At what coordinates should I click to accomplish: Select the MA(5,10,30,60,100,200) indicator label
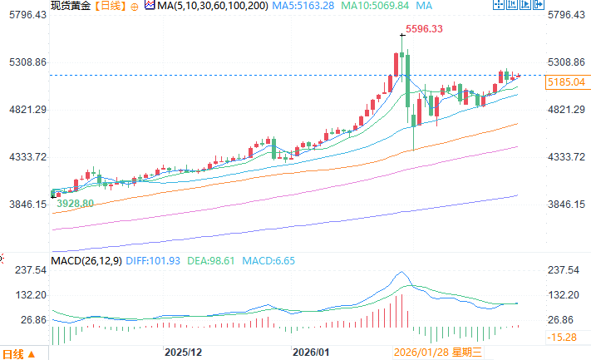tap(203, 7)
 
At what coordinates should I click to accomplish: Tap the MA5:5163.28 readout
tap(309, 7)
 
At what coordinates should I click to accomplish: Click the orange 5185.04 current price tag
tap(565, 82)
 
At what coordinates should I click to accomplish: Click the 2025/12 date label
tap(184, 353)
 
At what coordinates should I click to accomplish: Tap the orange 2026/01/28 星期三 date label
tap(438, 353)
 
